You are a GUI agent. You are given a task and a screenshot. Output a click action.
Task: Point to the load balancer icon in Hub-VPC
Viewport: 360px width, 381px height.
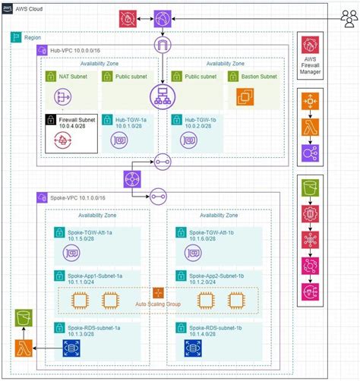point(162,95)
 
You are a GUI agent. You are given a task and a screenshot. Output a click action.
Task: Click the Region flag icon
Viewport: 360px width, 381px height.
point(16,36)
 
